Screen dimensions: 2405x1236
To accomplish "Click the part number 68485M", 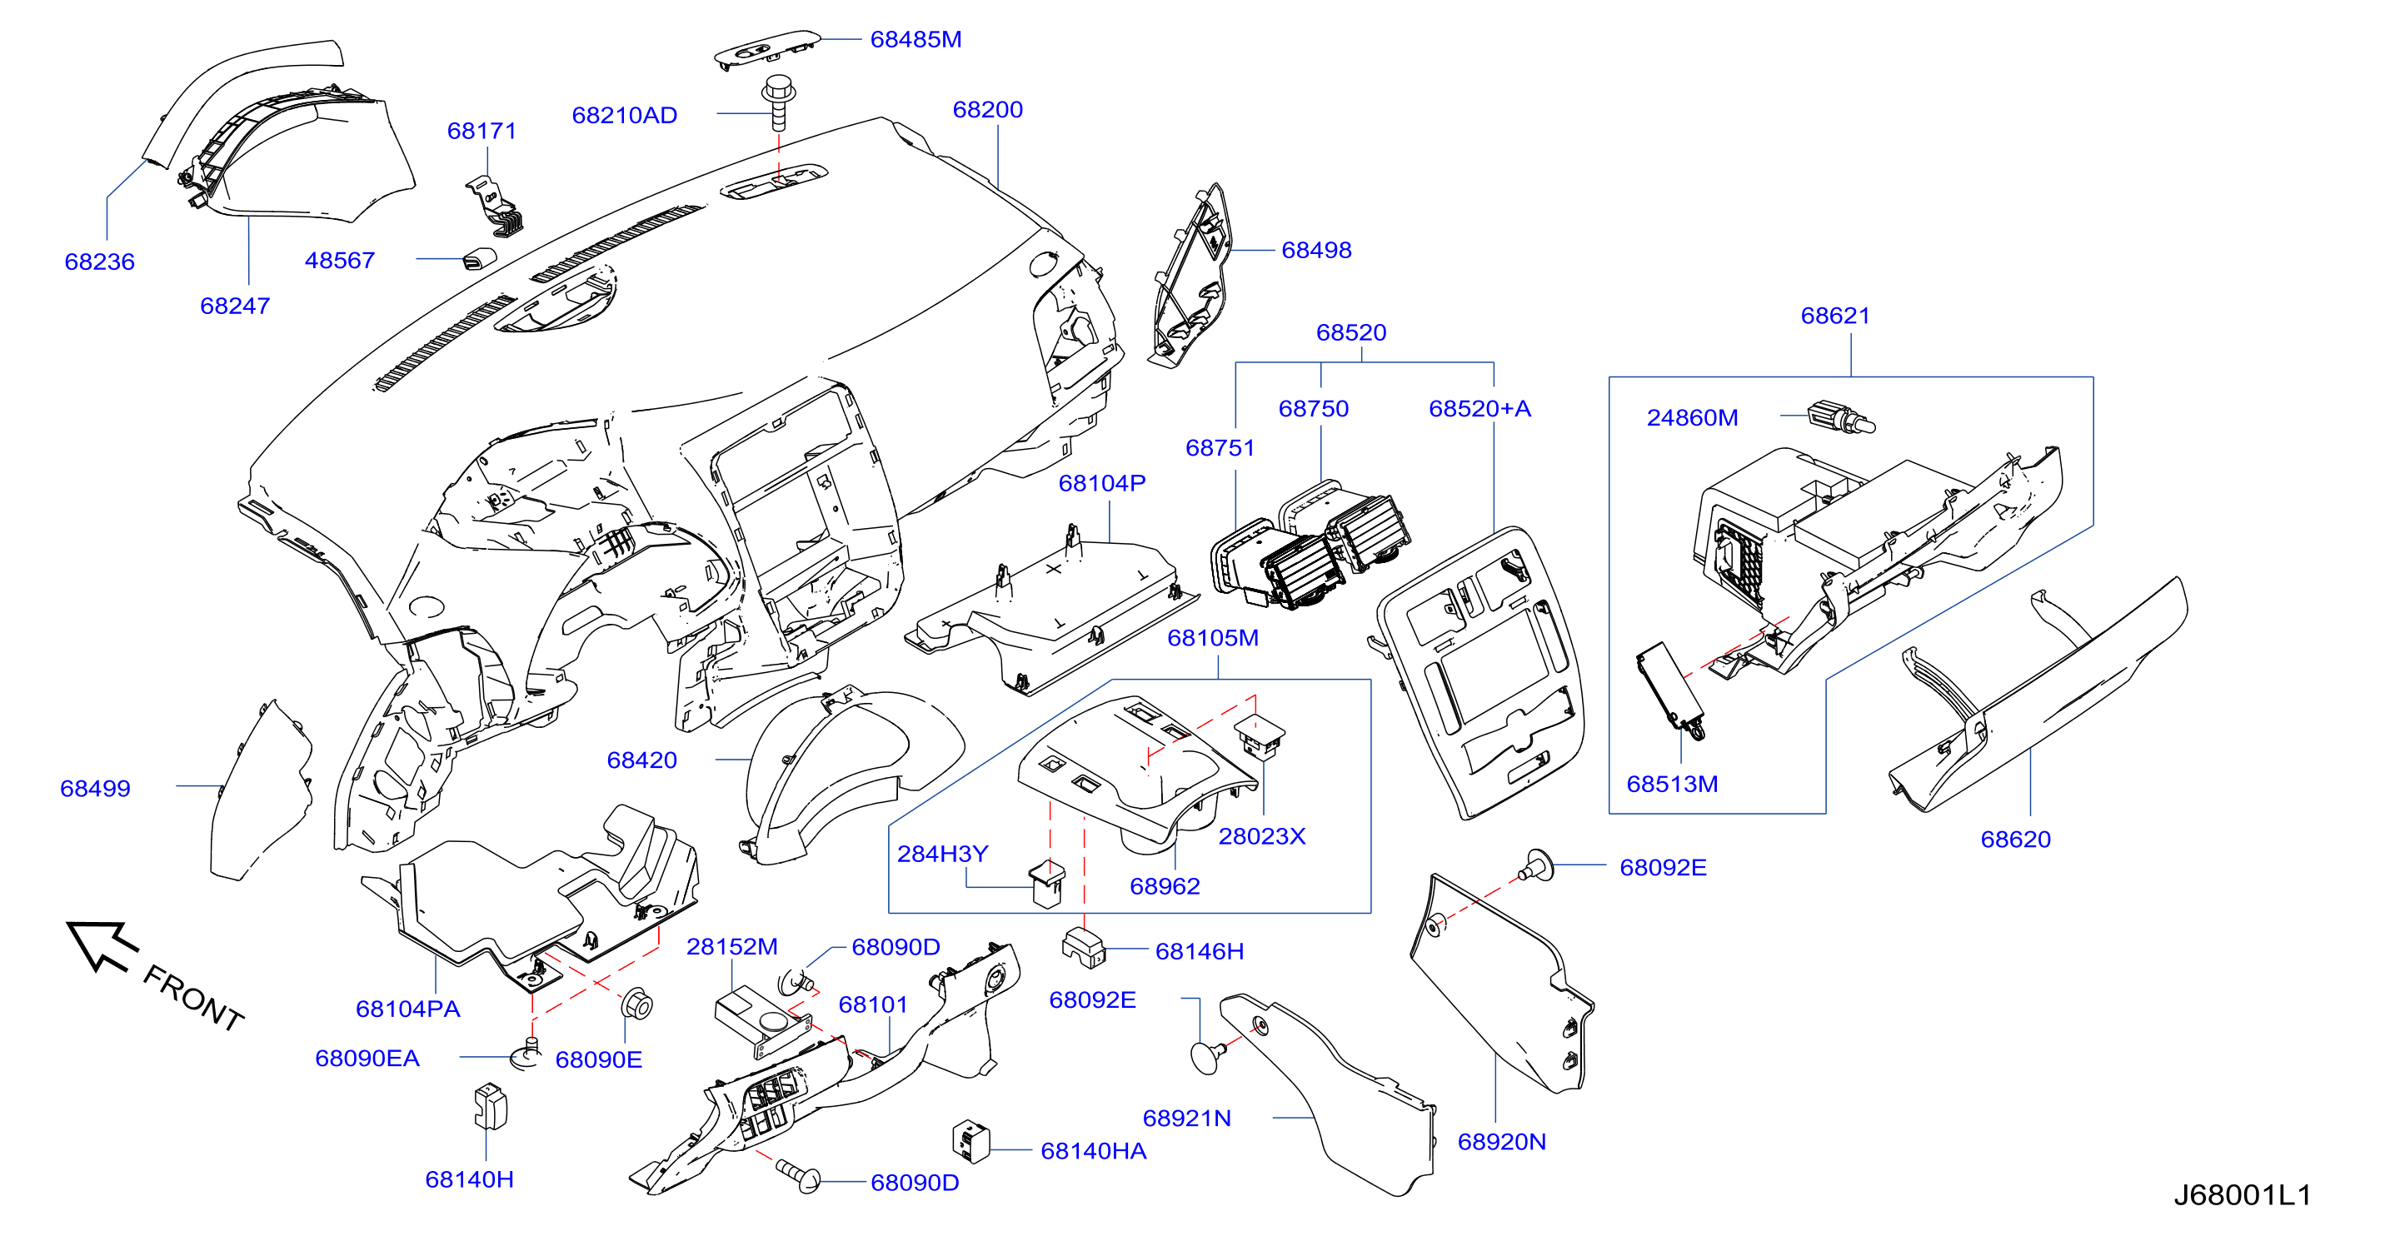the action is tap(915, 39).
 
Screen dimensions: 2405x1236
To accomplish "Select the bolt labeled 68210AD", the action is tap(778, 102).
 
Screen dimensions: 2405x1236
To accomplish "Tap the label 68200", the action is tap(987, 109).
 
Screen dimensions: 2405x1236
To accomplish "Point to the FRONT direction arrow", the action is tap(101, 945).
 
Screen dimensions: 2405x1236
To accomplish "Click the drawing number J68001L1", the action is tap(2242, 1195).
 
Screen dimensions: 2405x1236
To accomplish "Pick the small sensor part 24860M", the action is tap(1840, 417).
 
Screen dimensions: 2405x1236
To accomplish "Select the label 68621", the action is tap(1834, 316).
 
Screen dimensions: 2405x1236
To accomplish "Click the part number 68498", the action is tap(1315, 250).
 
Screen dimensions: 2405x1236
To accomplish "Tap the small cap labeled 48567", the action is tap(479, 258).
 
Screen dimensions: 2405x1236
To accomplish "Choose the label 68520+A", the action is tap(1479, 408).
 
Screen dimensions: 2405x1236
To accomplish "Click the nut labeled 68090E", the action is tap(636, 1005).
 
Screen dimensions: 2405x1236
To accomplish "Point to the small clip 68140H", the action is tap(489, 1106).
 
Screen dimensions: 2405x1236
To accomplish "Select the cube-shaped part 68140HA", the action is tap(970, 1141).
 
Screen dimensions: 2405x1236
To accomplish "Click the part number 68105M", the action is tap(1213, 638).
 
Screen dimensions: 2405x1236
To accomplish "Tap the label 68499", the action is tap(95, 788).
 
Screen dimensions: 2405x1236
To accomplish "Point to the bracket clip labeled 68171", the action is tap(495, 206).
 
